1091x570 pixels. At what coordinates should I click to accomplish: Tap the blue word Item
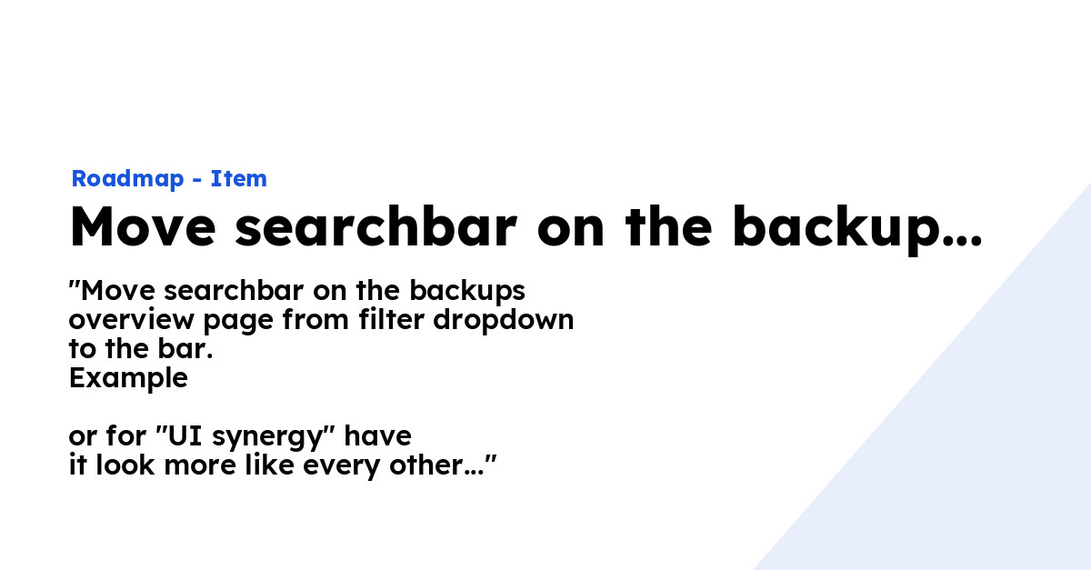(x=239, y=179)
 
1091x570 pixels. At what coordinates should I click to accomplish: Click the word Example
(x=128, y=378)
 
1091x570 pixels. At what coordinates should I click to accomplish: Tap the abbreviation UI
(x=180, y=436)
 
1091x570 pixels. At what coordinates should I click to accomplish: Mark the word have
(x=377, y=436)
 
